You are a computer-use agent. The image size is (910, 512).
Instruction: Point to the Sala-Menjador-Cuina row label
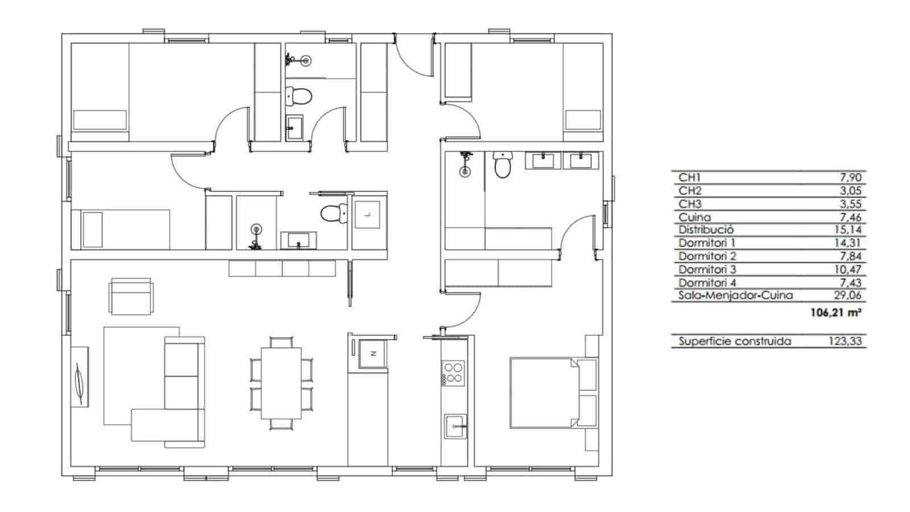point(735,295)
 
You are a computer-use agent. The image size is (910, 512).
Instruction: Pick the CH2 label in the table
point(690,191)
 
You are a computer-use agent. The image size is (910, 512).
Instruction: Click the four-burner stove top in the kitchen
point(453,373)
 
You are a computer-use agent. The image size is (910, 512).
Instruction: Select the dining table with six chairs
point(281,383)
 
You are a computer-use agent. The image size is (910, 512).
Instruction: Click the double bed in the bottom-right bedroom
point(545,392)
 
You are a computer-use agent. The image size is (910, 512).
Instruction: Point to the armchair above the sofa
point(131,296)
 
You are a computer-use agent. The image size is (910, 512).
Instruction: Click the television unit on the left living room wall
point(80,377)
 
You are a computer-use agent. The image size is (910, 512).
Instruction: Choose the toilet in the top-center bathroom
point(297,96)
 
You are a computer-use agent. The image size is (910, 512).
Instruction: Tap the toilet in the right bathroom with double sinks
point(502,165)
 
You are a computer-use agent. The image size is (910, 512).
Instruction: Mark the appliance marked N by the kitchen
point(373,353)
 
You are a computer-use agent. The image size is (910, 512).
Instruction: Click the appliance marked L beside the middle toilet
point(366,214)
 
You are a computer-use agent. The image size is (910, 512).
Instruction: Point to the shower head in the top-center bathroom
point(307,59)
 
